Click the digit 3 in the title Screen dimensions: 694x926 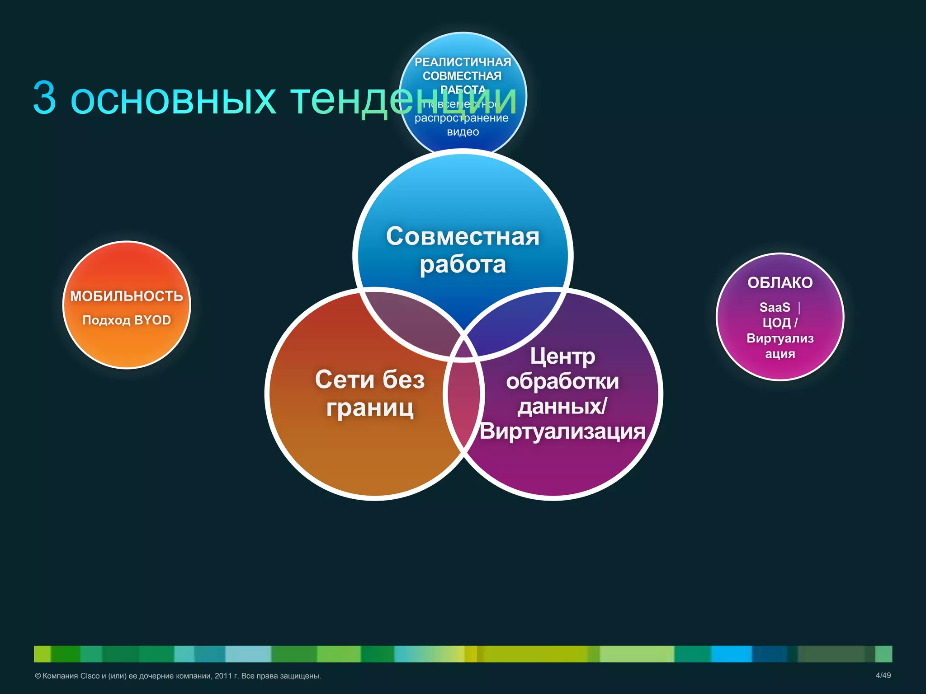click(x=45, y=98)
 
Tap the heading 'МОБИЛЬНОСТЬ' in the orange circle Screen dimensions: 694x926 click(x=127, y=296)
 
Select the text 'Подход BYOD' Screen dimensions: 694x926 click(x=127, y=320)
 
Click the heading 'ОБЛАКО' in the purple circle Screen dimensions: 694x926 click(x=780, y=283)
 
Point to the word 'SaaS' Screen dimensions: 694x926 click(x=775, y=307)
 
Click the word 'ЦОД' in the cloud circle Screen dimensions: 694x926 click(x=776, y=323)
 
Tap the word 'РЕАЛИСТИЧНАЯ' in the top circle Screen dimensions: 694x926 click(x=463, y=62)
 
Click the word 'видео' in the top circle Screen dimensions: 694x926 click(x=463, y=132)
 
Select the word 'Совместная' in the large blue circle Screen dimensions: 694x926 click(x=463, y=236)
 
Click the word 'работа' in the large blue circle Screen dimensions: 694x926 click(x=463, y=265)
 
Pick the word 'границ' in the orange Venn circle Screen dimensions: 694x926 click(x=370, y=408)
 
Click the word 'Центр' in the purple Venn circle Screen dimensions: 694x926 click(x=562, y=356)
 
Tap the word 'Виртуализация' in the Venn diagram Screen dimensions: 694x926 click(x=562, y=431)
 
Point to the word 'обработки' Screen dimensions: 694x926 click(x=562, y=382)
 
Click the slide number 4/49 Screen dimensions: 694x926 click(x=883, y=675)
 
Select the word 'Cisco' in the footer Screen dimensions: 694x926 click(x=90, y=676)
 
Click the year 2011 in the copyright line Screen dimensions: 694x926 click(x=223, y=676)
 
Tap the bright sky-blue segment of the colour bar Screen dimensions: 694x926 click(x=731, y=654)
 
